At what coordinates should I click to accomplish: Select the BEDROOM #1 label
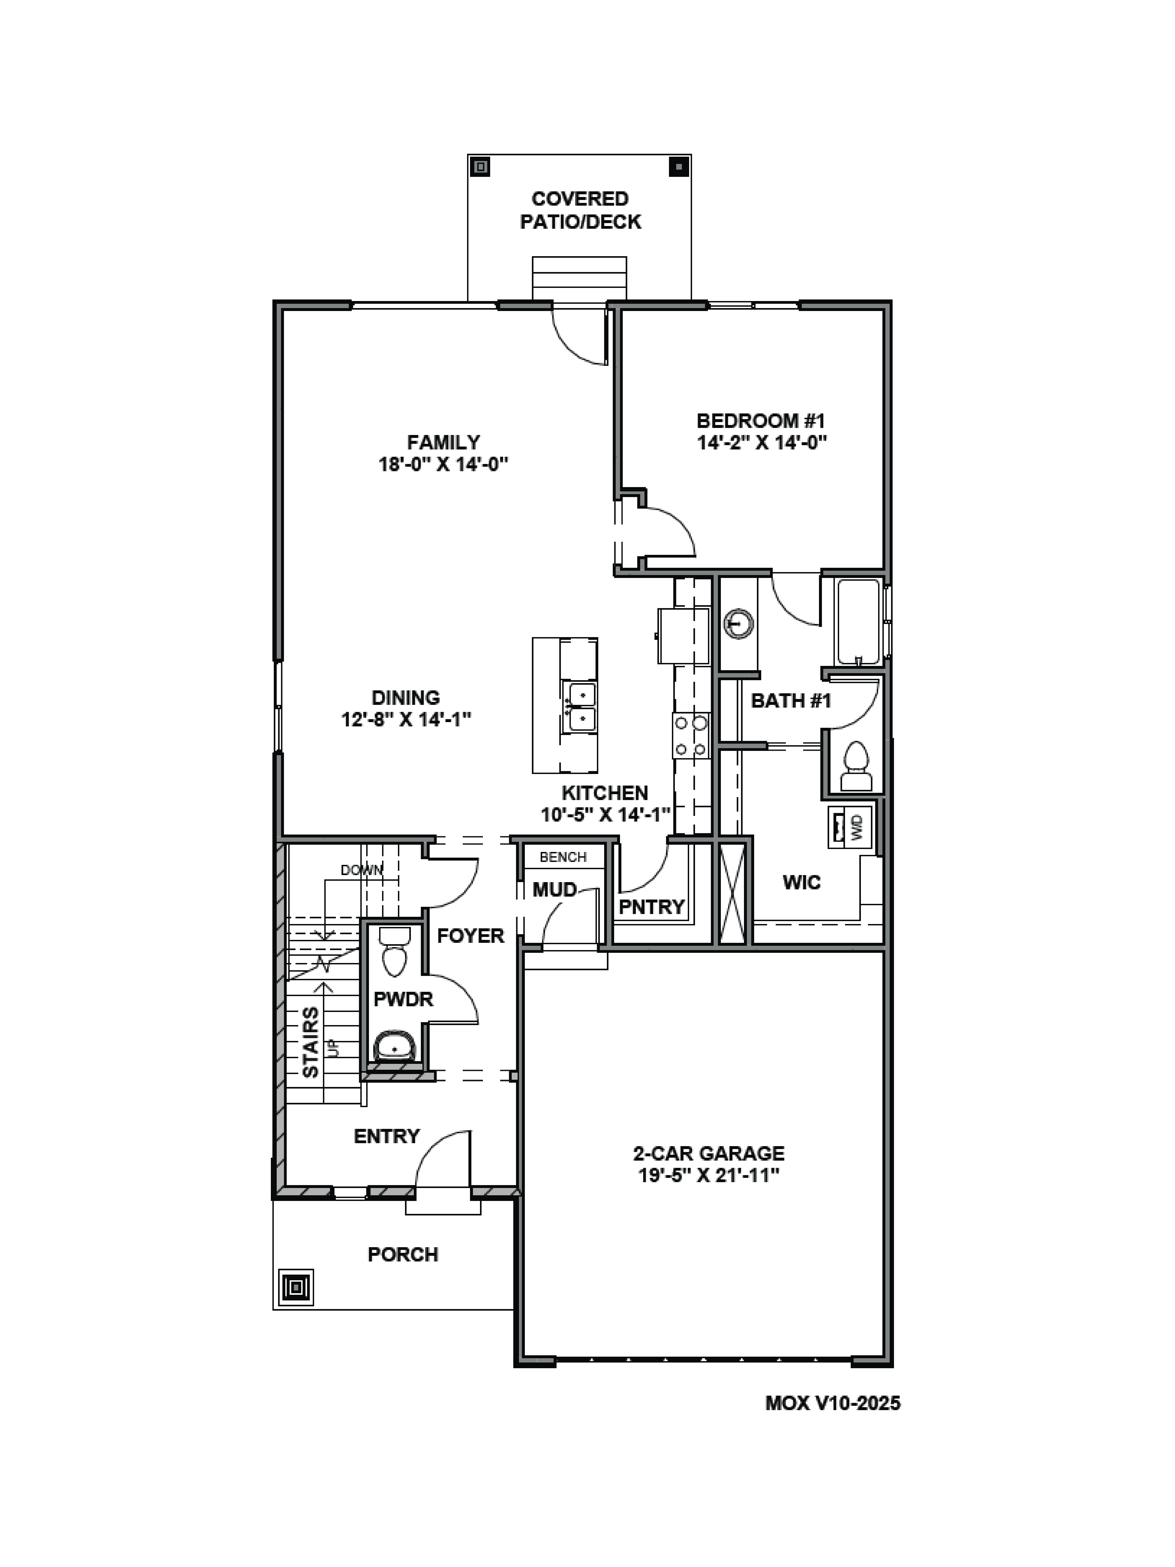tap(761, 421)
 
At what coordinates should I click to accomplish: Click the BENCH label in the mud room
tap(563, 857)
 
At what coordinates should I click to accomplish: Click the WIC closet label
tap(801, 883)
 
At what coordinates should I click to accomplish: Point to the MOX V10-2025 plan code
tap(832, 1403)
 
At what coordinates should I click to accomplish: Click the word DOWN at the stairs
tap(361, 870)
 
